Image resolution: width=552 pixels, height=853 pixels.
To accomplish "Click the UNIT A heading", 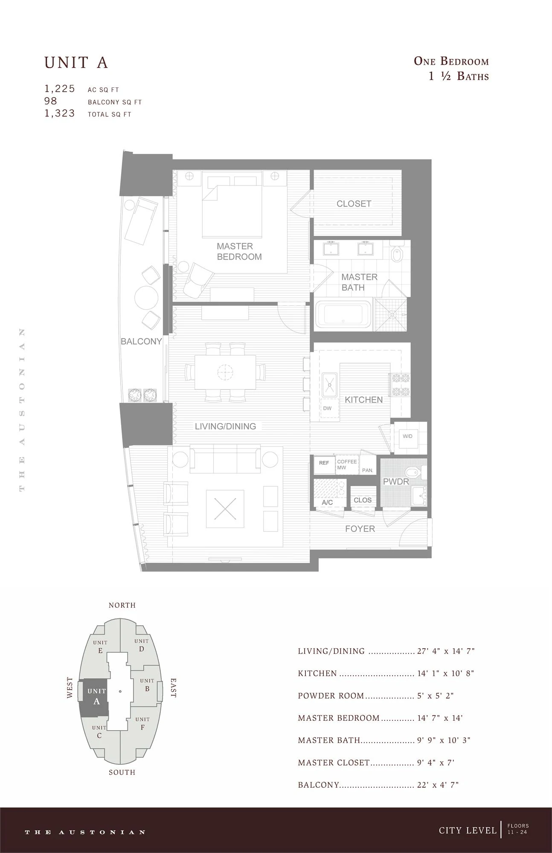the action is click(76, 63).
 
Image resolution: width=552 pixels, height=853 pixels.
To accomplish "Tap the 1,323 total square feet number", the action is click(60, 113).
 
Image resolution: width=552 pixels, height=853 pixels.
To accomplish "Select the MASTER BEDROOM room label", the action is click(239, 252).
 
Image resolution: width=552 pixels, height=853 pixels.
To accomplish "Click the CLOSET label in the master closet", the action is click(354, 204).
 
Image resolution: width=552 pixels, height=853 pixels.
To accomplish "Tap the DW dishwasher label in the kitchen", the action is click(327, 408).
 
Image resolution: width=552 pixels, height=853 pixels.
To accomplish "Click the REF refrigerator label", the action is click(324, 463).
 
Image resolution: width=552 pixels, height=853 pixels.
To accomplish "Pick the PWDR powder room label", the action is click(396, 482).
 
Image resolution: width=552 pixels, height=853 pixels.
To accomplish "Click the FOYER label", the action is click(360, 529).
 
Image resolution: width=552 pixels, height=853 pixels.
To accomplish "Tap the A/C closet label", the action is click(327, 502).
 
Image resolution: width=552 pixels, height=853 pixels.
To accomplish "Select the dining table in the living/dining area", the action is click(225, 372).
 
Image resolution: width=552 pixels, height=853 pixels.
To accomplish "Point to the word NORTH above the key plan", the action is click(122, 605).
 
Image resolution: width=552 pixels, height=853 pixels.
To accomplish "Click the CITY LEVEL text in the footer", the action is click(468, 830).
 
